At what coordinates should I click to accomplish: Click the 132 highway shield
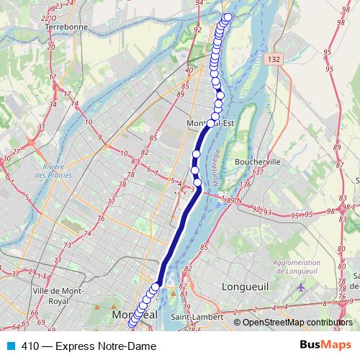coord(271,58)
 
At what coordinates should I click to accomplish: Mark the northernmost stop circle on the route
coord(229,17)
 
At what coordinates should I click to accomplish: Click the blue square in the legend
coord(10,346)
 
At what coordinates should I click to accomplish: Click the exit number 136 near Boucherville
coord(245,185)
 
